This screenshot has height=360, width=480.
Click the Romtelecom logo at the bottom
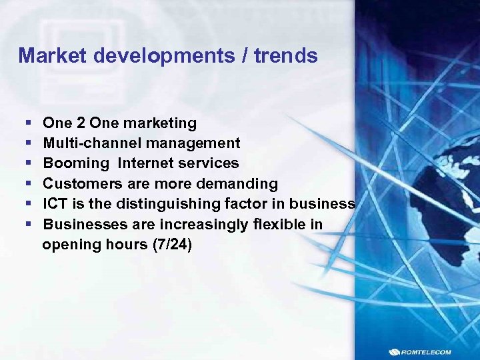431,351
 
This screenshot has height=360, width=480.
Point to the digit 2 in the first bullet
80,123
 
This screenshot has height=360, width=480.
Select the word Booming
75,163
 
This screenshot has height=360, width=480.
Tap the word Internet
149,163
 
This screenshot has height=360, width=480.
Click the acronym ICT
55,204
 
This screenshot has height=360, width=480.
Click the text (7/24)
173,245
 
